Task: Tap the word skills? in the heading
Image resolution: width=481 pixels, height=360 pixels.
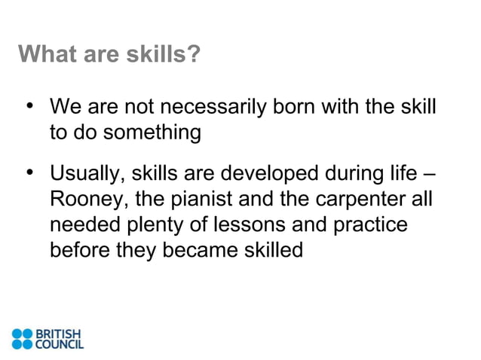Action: [x=164, y=55]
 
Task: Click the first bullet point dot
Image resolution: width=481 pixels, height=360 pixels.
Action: [x=31, y=105]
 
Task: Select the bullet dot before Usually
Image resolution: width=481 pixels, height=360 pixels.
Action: [x=31, y=175]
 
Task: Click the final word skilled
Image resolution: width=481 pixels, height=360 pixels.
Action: [x=268, y=249]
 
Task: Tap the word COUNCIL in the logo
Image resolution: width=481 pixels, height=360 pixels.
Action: [x=61, y=345]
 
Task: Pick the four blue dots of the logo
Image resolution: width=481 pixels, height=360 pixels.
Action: [x=23, y=339]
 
